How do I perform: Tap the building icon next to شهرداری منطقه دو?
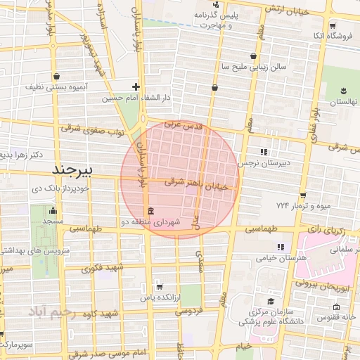click(150, 212)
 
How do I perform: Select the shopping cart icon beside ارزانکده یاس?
click(160, 286)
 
